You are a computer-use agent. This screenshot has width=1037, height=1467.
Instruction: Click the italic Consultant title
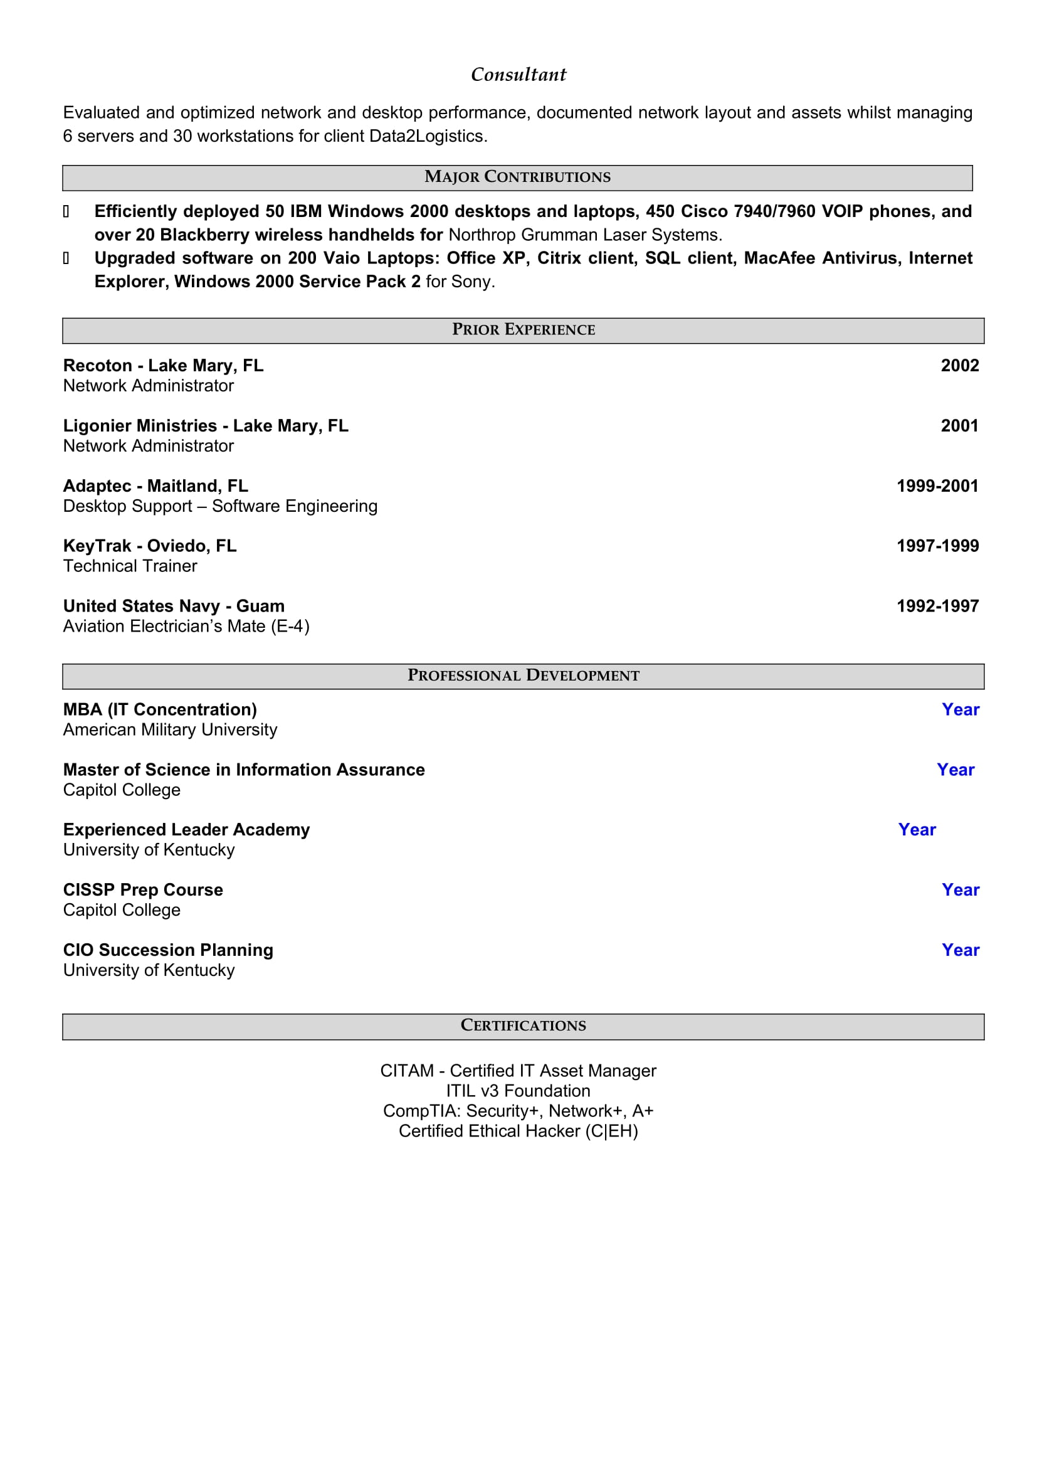click(x=518, y=75)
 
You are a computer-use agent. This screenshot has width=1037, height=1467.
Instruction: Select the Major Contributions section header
click(x=517, y=177)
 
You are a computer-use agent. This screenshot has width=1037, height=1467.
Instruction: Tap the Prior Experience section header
click(x=523, y=330)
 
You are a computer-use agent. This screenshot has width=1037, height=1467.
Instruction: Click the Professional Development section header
click(x=523, y=675)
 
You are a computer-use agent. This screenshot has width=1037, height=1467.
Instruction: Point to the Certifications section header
click(x=523, y=1025)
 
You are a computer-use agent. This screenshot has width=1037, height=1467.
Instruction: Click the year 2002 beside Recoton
click(x=959, y=366)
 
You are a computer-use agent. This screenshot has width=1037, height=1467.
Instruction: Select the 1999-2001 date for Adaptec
click(x=937, y=486)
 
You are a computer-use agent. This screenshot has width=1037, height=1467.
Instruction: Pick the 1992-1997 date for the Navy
click(x=937, y=606)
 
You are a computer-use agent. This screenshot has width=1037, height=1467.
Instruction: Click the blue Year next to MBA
click(x=960, y=710)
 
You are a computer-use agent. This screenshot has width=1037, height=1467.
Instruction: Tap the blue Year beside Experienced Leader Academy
click(x=917, y=830)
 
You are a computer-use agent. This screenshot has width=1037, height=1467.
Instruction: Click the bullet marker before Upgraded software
click(x=66, y=258)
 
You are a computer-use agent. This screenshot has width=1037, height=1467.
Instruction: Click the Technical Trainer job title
click(x=130, y=566)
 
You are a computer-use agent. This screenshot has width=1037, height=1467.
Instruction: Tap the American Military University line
click(x=170, y=729)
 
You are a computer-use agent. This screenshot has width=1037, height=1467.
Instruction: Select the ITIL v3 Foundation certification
click(x=518, y=1091)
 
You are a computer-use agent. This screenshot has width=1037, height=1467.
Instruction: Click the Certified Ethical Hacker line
click(x=518, y=1131)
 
